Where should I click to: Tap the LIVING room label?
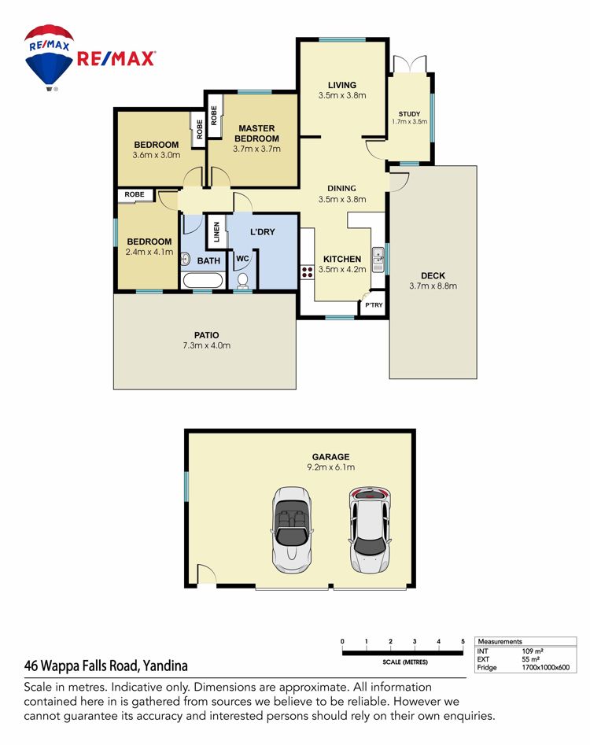(x=342, y=85)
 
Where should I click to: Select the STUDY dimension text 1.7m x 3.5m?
(x=410, y=122)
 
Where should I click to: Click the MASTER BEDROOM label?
(x=256, y=134)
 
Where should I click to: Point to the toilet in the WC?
(x=243, y=280)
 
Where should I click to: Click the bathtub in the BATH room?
(x=203, y=280)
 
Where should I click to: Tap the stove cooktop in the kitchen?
(x=307, y=271)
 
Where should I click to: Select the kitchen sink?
(x=378, y=260)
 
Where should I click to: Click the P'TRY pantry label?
(x=374, y=305)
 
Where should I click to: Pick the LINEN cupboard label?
(x=216, y=232)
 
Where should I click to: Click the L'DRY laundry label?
(x=263, y=232)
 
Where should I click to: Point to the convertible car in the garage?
(x=292, y=529)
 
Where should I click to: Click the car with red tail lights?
(x=370, y=529)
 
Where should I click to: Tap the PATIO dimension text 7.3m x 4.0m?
(x=207, y=345)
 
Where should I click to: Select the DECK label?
(x=433, y=275)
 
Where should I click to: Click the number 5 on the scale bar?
(x=463, y=641)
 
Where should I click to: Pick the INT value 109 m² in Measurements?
(x=533, y=651)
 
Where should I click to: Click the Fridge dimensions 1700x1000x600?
(x=545, y=667)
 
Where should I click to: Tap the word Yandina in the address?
(x=165, y=666)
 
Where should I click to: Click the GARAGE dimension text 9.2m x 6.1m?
(x=330, y=467)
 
